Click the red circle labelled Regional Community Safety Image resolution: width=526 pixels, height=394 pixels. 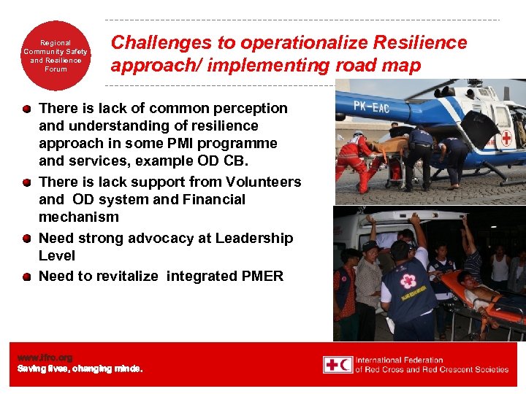55,57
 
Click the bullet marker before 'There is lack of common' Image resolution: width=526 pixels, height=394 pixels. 26,109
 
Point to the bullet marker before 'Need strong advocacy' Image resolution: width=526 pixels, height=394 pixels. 26,239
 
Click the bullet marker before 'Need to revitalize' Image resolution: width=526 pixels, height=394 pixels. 26,277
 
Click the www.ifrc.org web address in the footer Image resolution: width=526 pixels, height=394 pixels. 45,358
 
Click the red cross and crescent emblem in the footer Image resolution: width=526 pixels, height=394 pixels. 338,364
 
